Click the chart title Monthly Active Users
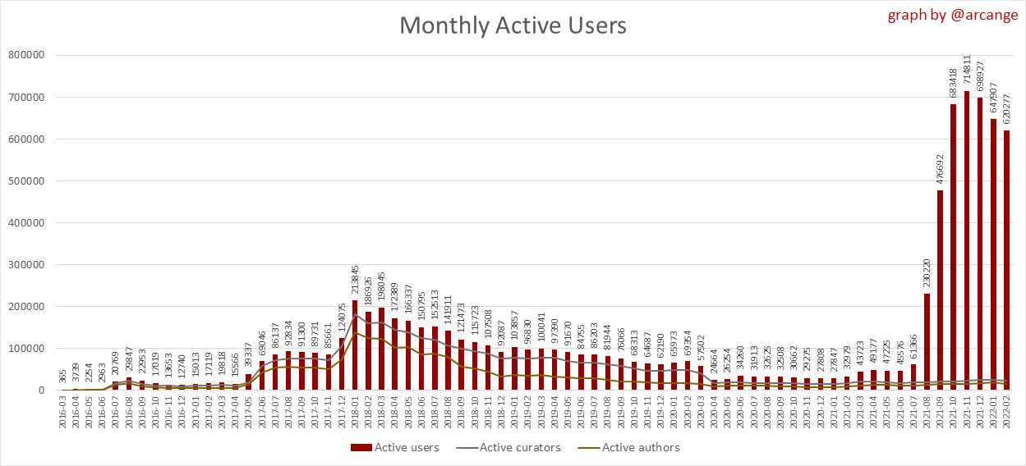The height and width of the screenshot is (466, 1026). [513, 25]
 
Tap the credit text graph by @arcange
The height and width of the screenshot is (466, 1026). [952, 16]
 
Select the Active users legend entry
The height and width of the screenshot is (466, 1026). [395, 447]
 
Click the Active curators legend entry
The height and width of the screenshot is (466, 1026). [513, 447]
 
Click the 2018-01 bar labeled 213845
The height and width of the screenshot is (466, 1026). [355, 345]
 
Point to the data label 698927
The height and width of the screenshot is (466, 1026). [980, 73]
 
